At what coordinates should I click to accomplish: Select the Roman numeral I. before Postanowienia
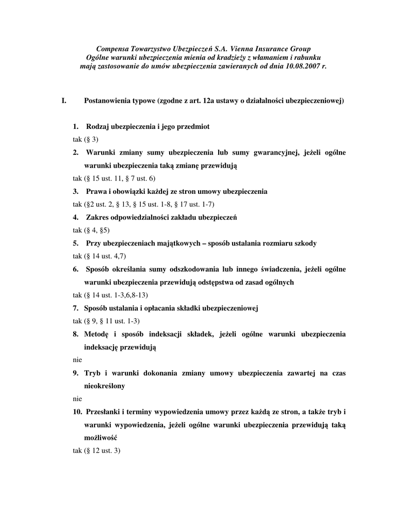[64, 101]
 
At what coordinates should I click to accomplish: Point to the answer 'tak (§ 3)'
[85, 140]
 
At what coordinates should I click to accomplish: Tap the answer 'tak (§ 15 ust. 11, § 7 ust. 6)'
[114, 178]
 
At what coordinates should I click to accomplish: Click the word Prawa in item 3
[96, 191]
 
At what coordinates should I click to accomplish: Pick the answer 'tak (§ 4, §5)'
[91, 230]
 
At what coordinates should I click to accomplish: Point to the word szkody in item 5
[306, 243]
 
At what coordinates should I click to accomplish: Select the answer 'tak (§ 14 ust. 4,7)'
[100, 256]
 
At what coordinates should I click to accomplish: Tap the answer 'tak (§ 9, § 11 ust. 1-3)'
[106, 321]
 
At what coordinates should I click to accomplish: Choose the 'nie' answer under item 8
[77, 359]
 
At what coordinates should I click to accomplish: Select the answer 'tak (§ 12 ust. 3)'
[96, 450]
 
